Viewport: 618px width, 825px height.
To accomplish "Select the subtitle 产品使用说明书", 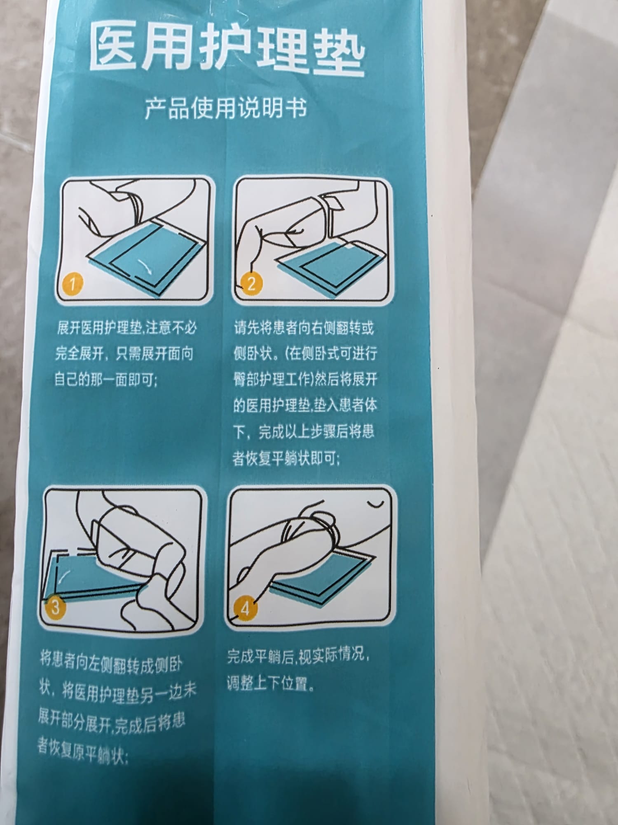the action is coord(226,108).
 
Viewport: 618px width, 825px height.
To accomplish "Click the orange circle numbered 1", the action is coord(73,283).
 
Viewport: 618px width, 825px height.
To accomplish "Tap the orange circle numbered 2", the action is coord(251,283).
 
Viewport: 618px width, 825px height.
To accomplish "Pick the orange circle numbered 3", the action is coord(55,607).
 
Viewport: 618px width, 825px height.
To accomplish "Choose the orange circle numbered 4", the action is coord(246,608).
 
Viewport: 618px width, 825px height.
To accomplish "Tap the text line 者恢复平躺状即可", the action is coord(286,458).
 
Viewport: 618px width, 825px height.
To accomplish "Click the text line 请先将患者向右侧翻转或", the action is coord(304,328).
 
